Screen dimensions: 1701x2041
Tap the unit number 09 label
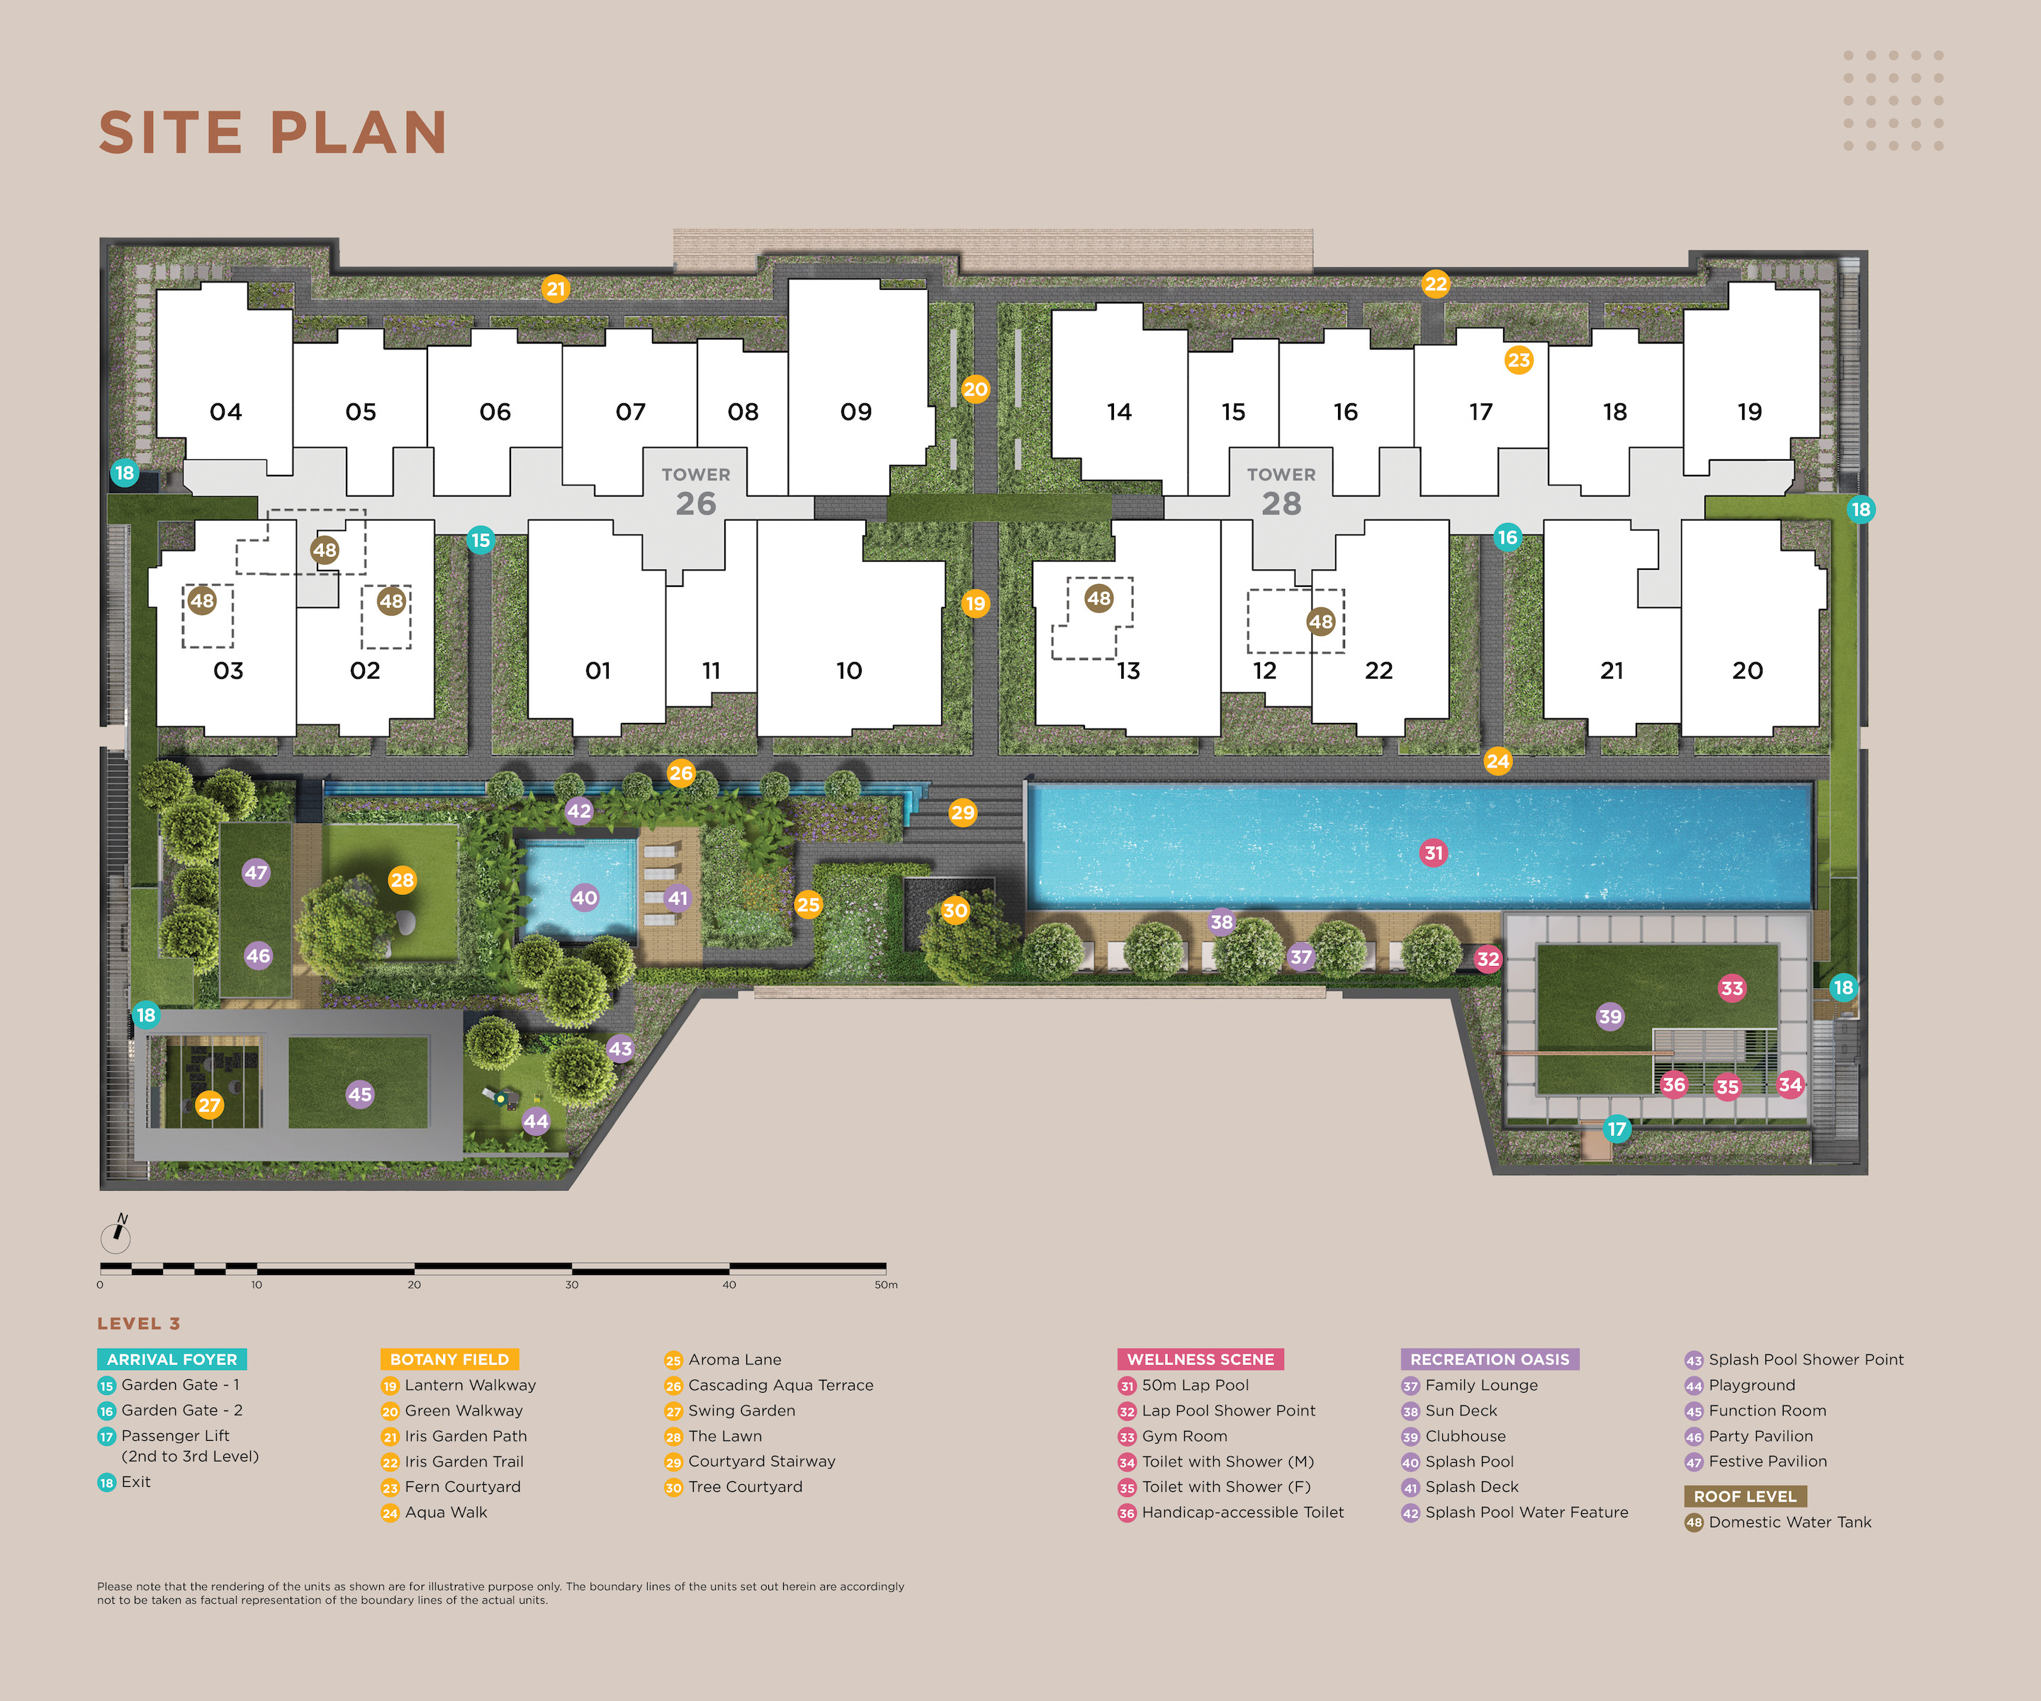click(x=855, y=412)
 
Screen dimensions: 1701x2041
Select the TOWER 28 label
click(x=1281, y=491)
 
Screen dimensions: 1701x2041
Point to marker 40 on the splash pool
click(x=584, y=897)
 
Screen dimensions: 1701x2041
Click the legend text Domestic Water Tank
click(x=1789, y=1522)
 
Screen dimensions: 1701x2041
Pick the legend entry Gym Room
click(x=1183, y=1436)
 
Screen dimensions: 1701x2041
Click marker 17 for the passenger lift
click(x=1617, y=1128)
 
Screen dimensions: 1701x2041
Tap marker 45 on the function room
click(x=359, y=1094)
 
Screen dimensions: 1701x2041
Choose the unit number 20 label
click(x=1746, y=670)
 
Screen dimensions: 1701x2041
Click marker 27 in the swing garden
click(x=209, y=1104)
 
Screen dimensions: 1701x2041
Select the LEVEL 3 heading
click(x=138, y=1323)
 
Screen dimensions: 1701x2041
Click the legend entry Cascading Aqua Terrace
click(x=780, y=1385)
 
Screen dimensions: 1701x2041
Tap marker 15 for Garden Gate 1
click(x=480, y=539)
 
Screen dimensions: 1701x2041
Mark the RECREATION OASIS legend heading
click(x=1489, y=1359)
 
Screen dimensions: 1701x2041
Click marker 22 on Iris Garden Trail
click(x=1436, y=283)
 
